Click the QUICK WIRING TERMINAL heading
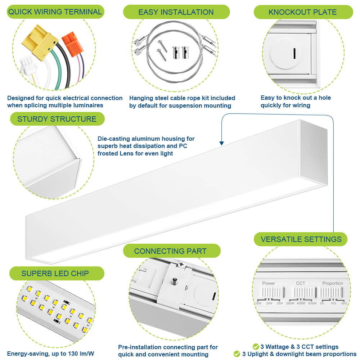point(55,12)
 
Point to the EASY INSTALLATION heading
point(176,12)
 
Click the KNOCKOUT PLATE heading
point(302,12)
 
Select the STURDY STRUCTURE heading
point(57,119)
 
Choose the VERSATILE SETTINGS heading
point(301,239)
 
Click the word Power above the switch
point(269,283)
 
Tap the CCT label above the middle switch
point(300,283)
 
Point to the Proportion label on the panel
point(332,283)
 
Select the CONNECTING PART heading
point(170,251)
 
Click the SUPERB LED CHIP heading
point(55,273)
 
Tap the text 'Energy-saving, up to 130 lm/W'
point(50,354)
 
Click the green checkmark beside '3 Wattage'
point(256,347)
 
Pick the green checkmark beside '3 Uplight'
point(237,354)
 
